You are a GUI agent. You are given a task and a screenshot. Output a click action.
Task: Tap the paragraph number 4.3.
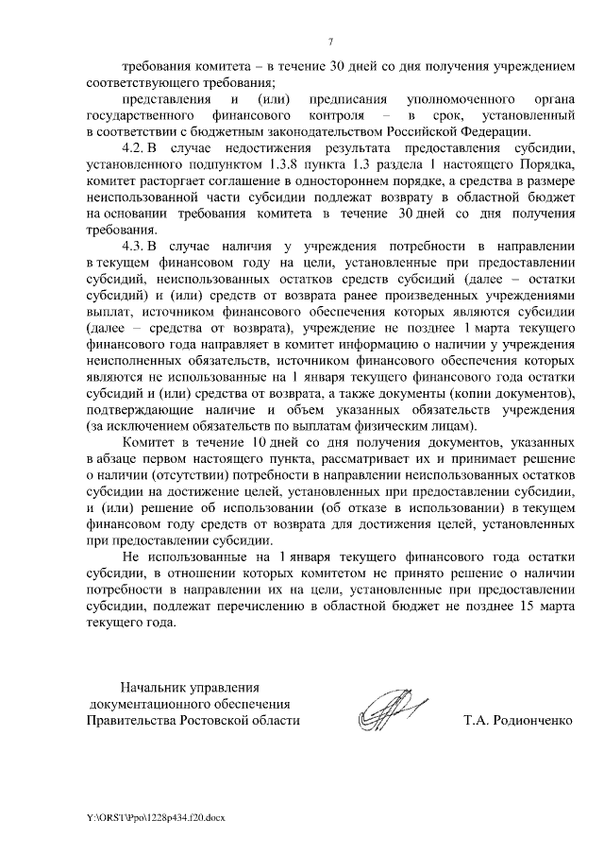(x=137, y=246)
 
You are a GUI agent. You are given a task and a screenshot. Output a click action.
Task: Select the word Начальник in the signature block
(x=151, y=687)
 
